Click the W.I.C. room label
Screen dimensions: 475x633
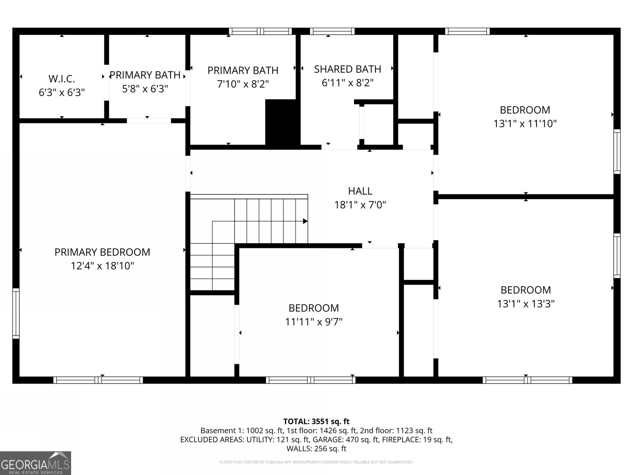62,78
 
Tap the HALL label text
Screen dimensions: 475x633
360,191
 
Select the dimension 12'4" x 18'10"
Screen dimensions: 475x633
102,266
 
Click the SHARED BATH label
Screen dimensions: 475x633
347,69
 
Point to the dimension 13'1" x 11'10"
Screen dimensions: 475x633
525,124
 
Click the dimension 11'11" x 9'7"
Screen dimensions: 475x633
314,322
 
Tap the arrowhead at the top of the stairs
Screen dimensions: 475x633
305,221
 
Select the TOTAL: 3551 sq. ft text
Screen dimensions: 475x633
316,422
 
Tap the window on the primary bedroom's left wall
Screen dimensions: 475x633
16,313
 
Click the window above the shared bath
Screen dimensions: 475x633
332,31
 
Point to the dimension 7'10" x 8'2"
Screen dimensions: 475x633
243,84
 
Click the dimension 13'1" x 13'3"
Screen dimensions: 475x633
526,304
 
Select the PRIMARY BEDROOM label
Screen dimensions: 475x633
102,252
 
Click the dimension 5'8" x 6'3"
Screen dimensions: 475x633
145,89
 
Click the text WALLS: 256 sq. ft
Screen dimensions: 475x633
316,448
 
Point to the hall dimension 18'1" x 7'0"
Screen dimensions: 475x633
360,205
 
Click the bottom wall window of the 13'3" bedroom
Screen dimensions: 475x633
527,380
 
